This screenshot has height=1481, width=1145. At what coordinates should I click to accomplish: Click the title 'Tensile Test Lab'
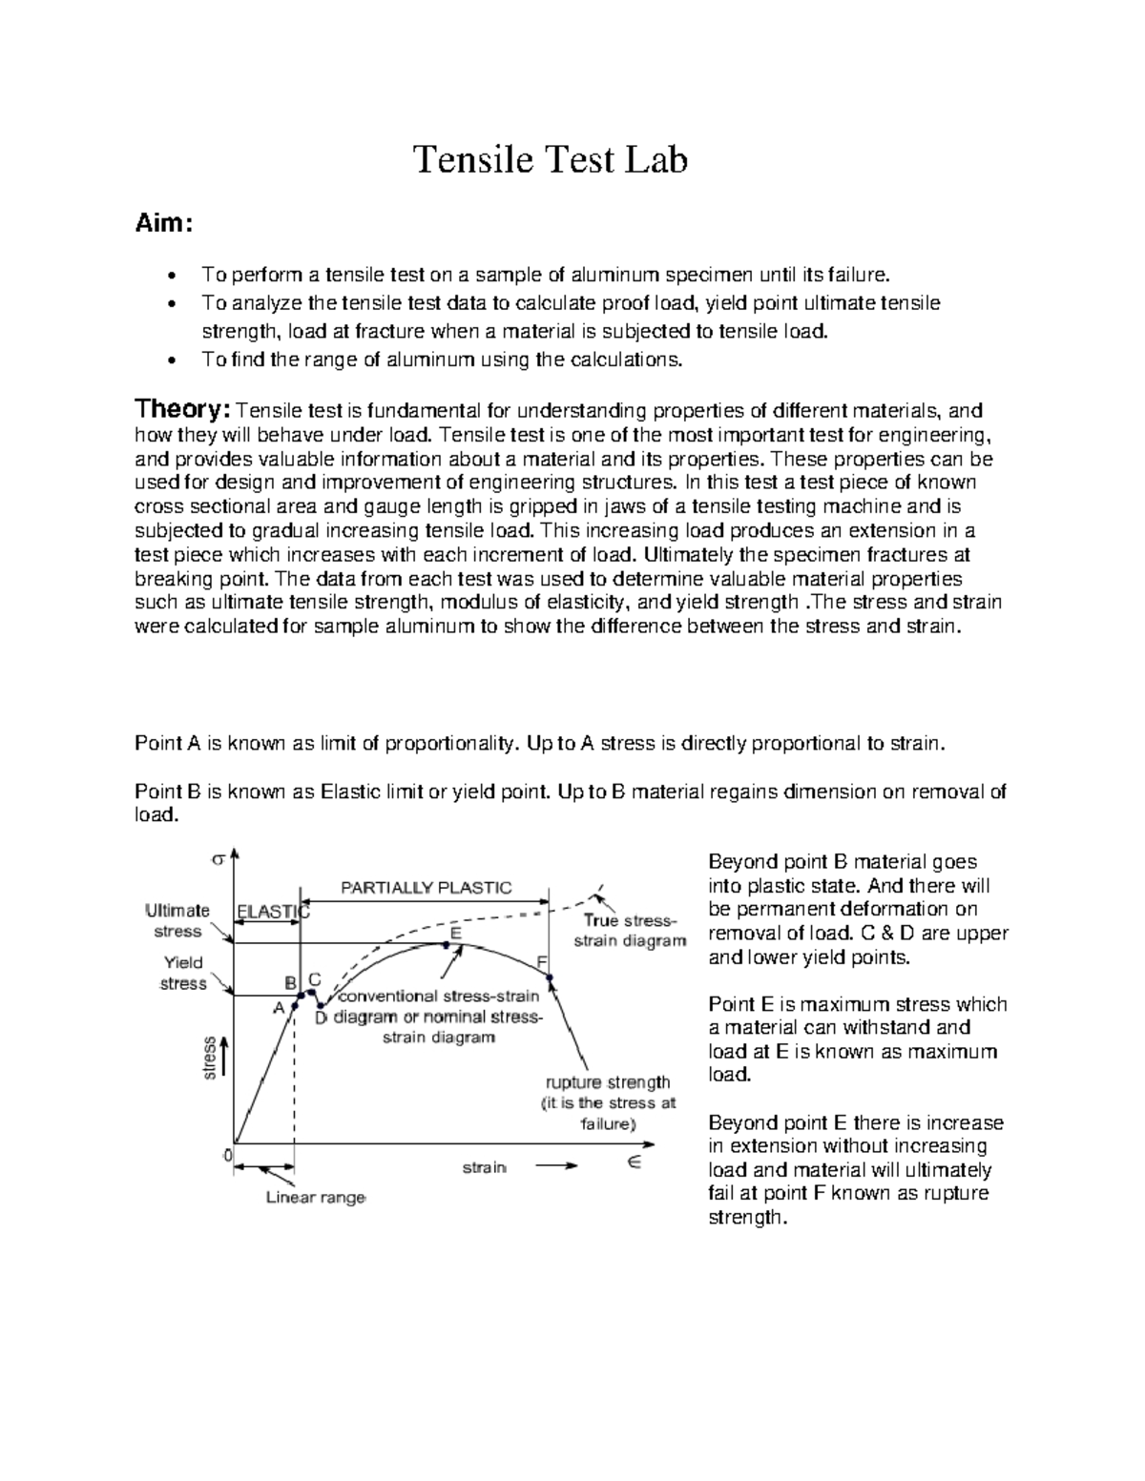pyautogui.click(x=549, y=160)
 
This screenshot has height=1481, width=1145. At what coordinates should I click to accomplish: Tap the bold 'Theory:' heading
pyautogui.click(x=182, y=410)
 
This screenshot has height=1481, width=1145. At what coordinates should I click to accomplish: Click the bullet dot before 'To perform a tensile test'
pyautogui.click(x=171, y=277)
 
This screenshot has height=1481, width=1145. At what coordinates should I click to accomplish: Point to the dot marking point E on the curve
pyautogui.click(x=447, y=944)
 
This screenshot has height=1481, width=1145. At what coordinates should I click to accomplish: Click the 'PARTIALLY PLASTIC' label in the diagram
pyautogui.click(x=427, y=888)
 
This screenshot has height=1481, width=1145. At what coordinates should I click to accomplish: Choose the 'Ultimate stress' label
pyautogui.click(x=177, y=920)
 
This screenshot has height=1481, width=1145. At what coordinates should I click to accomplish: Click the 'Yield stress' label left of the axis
pyautogui.click(x=182, y=973)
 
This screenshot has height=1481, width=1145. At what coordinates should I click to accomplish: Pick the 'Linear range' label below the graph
pyautogui.click(x=315, y=1198)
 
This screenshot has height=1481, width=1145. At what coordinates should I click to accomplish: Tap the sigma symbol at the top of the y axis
pyautogui.click(x=218, y=858)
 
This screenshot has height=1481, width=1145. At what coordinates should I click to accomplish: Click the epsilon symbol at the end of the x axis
pyautogui.click(x=634, y=1162)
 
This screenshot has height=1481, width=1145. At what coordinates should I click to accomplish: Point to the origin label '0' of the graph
pyautogui.click(x=227, y=1155)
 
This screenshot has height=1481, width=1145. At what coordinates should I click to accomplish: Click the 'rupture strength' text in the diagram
pyautogui.click(x=608, y=1082)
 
